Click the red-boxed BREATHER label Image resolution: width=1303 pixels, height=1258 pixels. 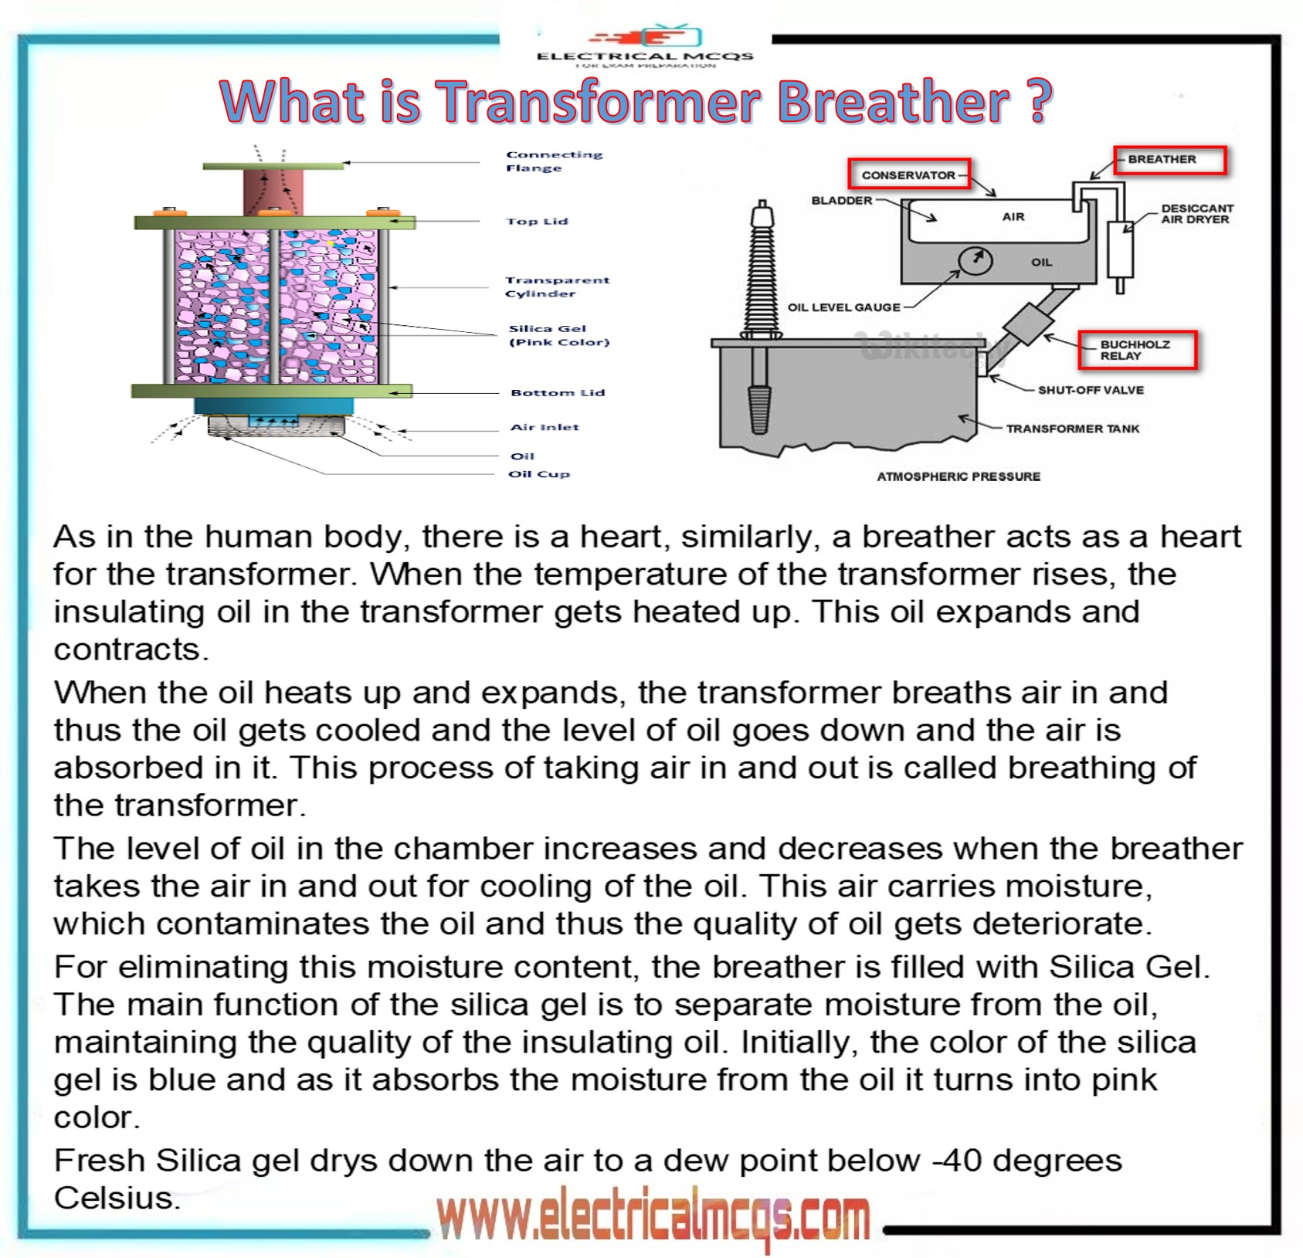[1169, 160]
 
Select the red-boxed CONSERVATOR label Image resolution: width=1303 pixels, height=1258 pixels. [909, 175]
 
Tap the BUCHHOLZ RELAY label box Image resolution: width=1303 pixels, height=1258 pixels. [1137, 351]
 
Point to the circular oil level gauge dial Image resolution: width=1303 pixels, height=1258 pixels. [975, 260]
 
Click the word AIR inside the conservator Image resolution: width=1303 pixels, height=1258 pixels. [1013, 217]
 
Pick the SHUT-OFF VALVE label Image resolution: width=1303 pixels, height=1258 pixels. [1090, 390]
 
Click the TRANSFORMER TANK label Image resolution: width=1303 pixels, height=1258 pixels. [1072, 429]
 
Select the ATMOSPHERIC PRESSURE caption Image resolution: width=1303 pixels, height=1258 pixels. [958, 476]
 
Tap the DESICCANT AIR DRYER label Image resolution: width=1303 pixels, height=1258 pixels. [1196, 214]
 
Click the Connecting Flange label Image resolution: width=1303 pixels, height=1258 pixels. [553, 161]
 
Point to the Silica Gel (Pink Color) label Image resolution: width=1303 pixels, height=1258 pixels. [558, 335]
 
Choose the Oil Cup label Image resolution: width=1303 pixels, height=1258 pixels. [538, 474]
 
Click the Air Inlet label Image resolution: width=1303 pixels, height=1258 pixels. [544, 427]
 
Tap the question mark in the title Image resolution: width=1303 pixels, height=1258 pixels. [1040, 101]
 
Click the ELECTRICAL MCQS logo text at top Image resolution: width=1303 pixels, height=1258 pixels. [644, 56]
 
